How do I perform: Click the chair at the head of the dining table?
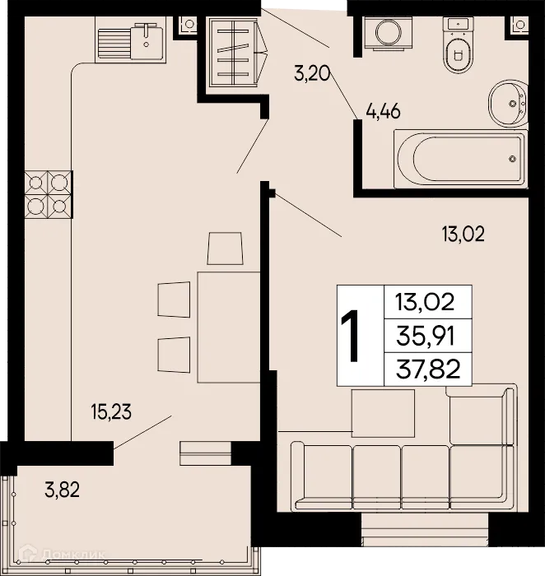pyautogui.click(x=226, y=248)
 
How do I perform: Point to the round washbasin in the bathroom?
pyautogui.click(x=508, y=105)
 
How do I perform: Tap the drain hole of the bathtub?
pyautogui.click(x=513, y=158)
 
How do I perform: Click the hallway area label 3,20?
pyautogui.click(x=312, y=74)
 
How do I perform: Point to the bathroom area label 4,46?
pyautogui.click(x=383, y=112)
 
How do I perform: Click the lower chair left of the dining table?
pyautogui.click(x=174, y=352)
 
